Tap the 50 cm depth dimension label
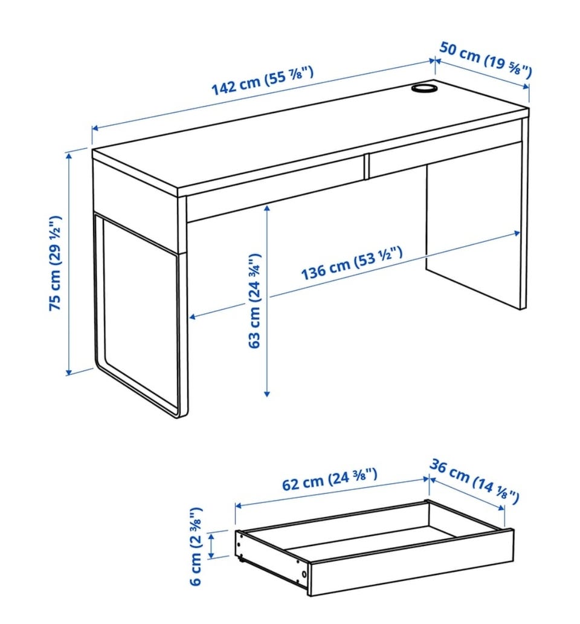[485, 59]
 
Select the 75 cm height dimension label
[55, 264]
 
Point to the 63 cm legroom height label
[254, 301]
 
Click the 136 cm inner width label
[352, 263]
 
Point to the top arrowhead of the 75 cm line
[69, 155]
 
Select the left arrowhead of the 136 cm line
[192, 317]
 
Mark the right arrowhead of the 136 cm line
[517, 233]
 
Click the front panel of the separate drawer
[412, 562]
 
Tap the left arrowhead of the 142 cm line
[95, 128]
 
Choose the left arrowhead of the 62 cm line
[239, 506]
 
